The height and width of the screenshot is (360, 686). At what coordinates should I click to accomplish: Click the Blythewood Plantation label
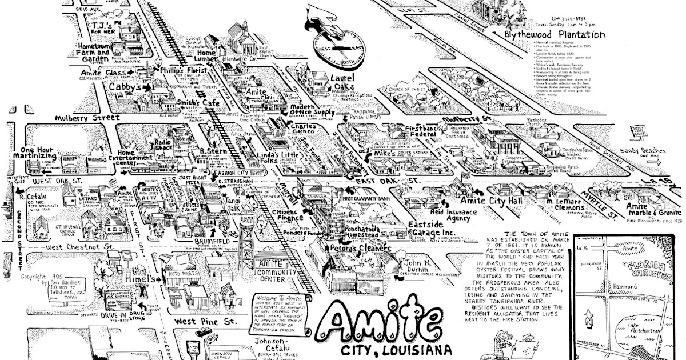point(555,34)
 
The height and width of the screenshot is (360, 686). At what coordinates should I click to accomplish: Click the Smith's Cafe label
point(179,103)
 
